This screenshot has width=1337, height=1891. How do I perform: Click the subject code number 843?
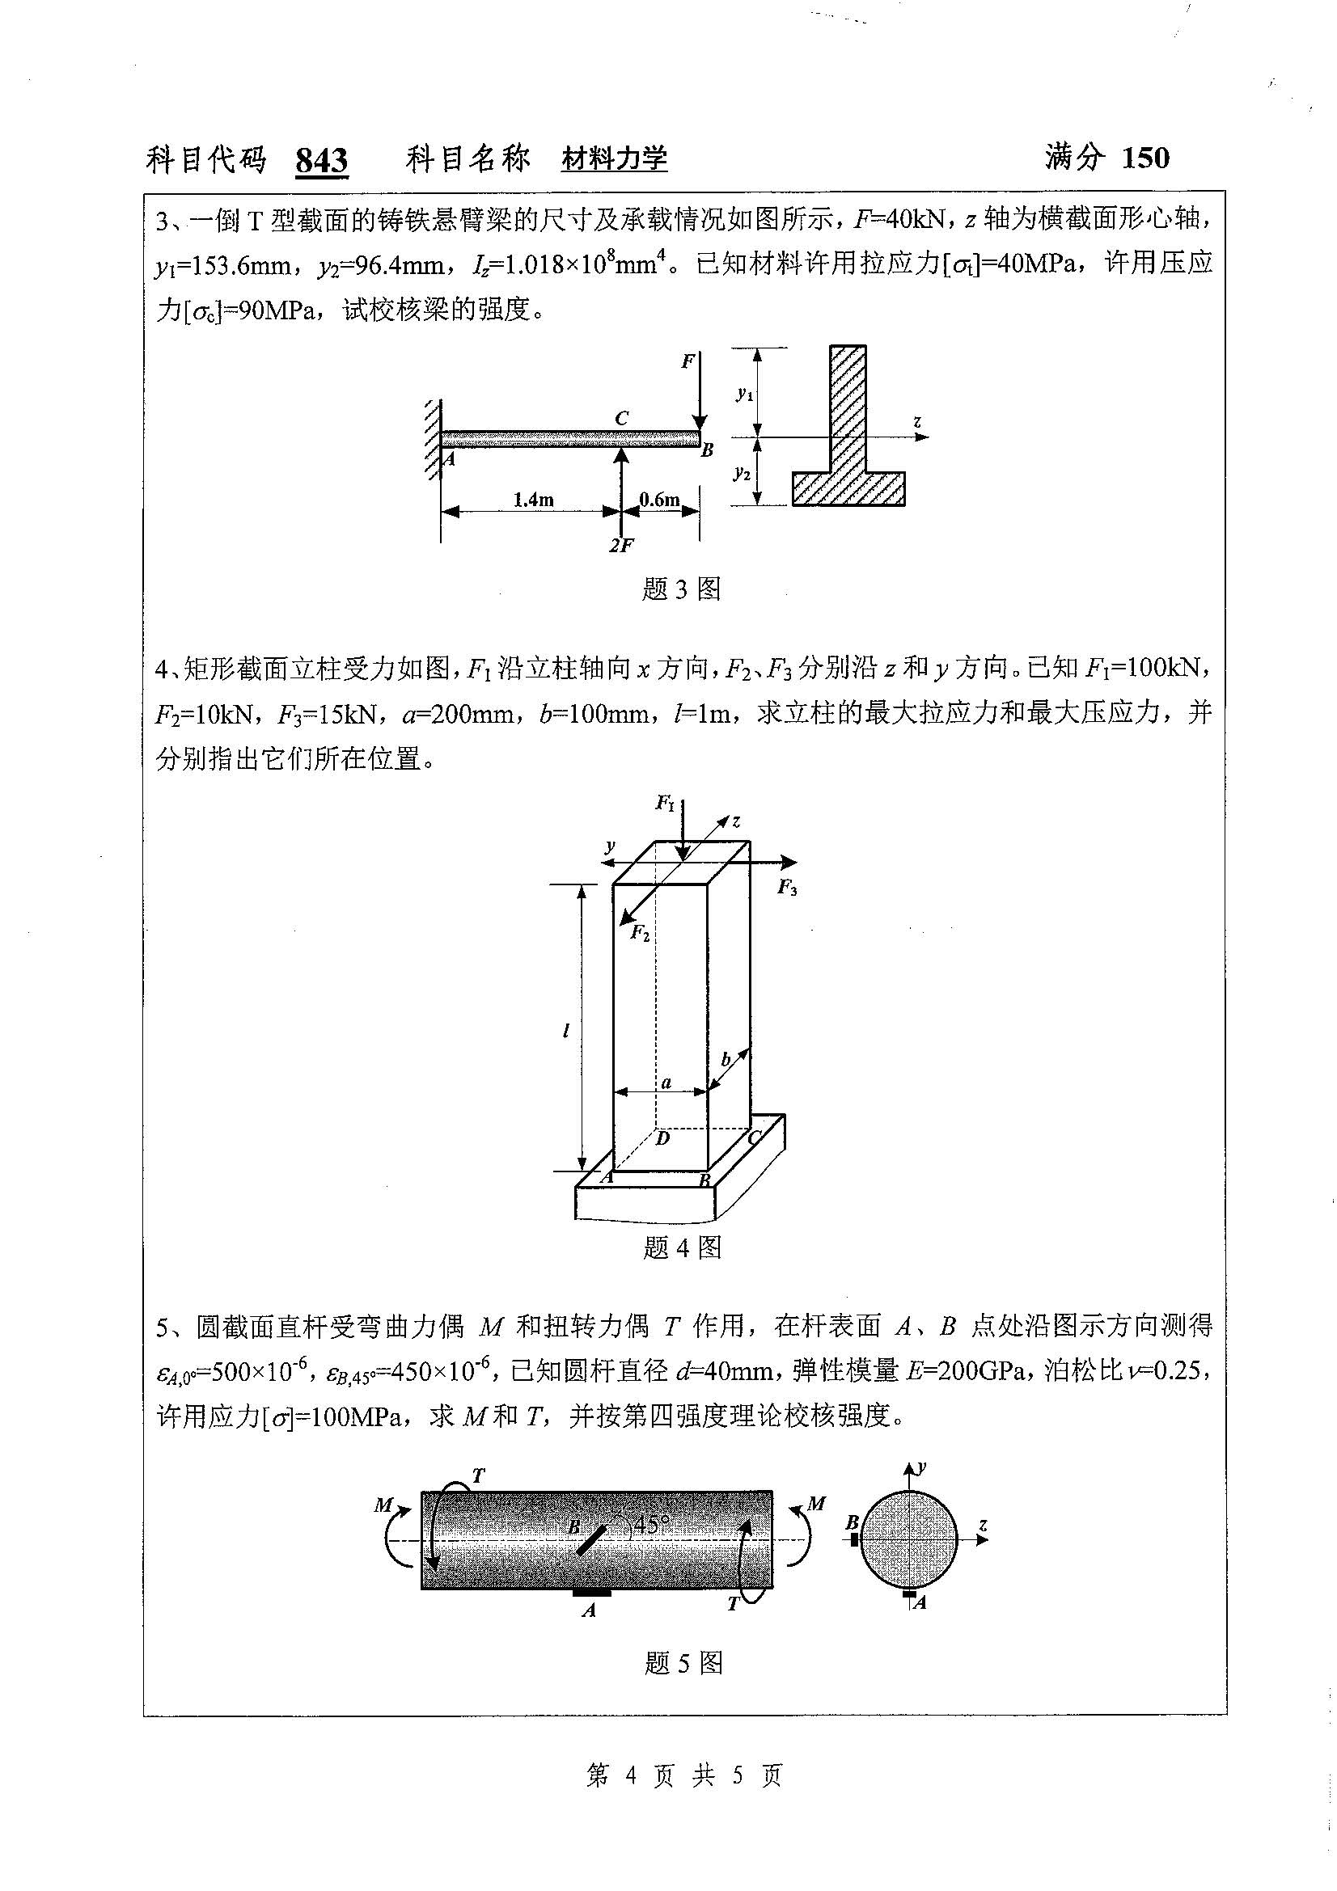[x=321, y=160]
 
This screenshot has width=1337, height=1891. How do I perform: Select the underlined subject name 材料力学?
[x=614, y=158]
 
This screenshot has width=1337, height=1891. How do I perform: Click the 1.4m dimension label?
[x=533, y=499]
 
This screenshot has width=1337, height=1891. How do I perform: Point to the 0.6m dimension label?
[x=660, y=499]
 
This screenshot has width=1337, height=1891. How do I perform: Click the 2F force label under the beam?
[x=621, y=545]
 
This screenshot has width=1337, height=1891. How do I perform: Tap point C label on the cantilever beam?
[x=621, y=419]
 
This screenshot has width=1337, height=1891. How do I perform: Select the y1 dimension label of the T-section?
[x=744, y=395]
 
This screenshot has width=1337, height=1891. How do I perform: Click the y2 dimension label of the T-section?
[x=743, y=473]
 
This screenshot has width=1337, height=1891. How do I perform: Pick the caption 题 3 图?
[x=680, y=589]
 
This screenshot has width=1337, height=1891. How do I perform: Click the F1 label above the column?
[x=665, y=802]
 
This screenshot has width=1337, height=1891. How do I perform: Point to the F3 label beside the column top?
[x=787, y=888]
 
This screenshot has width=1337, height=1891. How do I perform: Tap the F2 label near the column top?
[x=640, y=933]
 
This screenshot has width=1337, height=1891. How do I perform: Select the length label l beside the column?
[x=566, y=1030]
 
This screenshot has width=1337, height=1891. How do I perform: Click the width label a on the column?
[x=666, y=1083]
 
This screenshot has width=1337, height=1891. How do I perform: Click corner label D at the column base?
[x=662, y=1139]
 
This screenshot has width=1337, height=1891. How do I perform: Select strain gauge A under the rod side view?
[x=591, y=1593]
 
